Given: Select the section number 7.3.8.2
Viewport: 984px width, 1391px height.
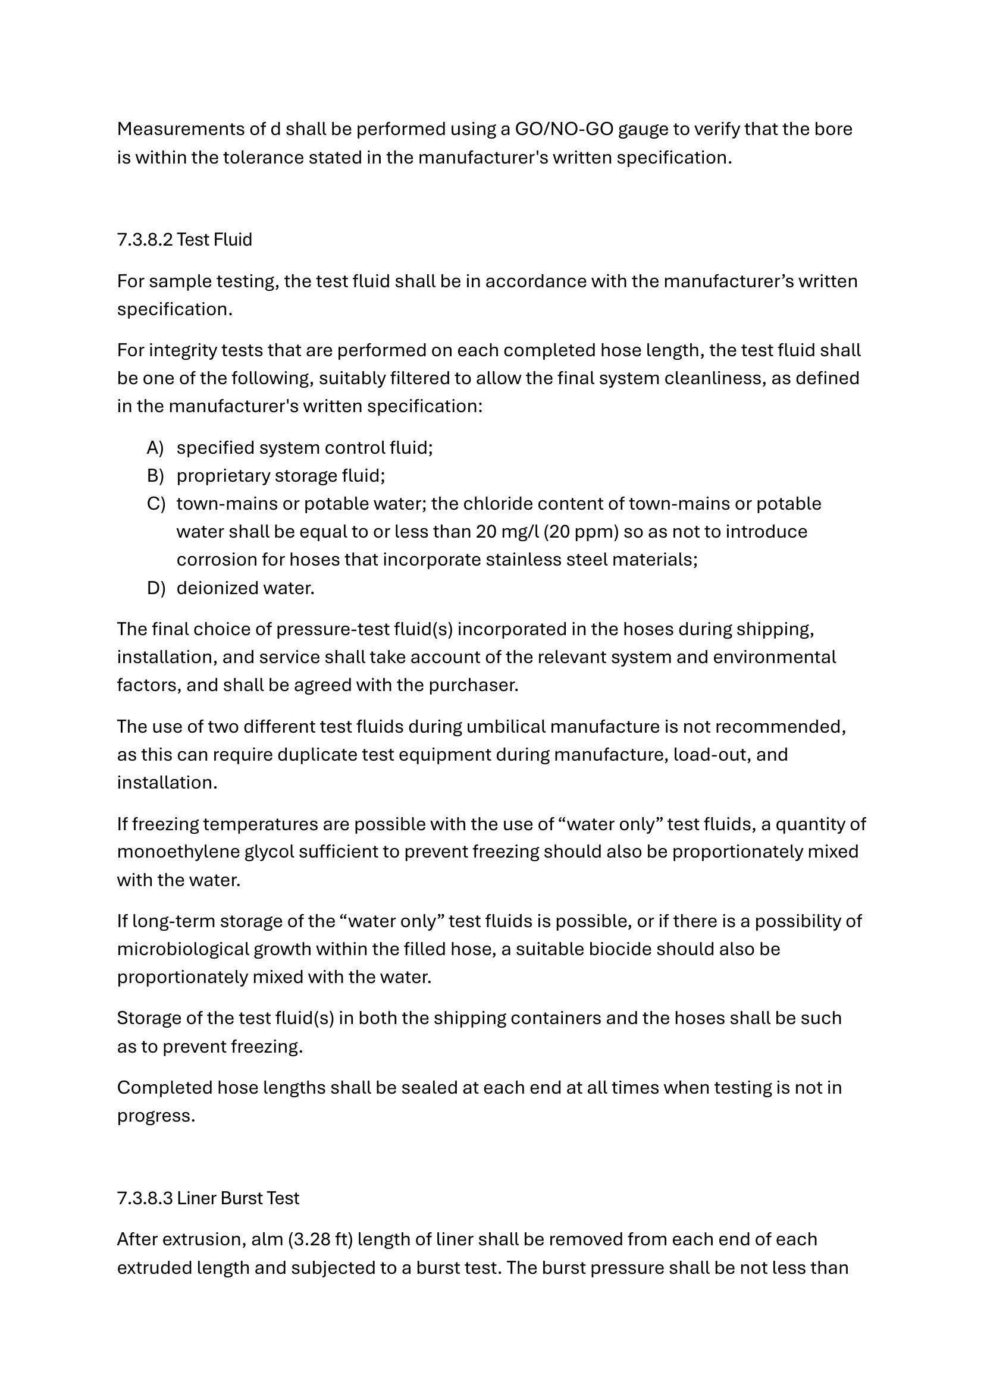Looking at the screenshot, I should pos(145,240).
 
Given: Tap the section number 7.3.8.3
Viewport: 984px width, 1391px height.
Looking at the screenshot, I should pos(145,1198).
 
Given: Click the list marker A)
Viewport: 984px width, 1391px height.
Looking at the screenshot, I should pos(155,448).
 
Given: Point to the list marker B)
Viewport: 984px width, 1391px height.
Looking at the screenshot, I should pos(155,476).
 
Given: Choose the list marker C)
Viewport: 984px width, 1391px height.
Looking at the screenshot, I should pos(155,504).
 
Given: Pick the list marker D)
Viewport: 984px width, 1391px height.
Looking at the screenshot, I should pos(155,588).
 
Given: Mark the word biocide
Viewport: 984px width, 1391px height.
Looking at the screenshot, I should pos(620,949).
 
